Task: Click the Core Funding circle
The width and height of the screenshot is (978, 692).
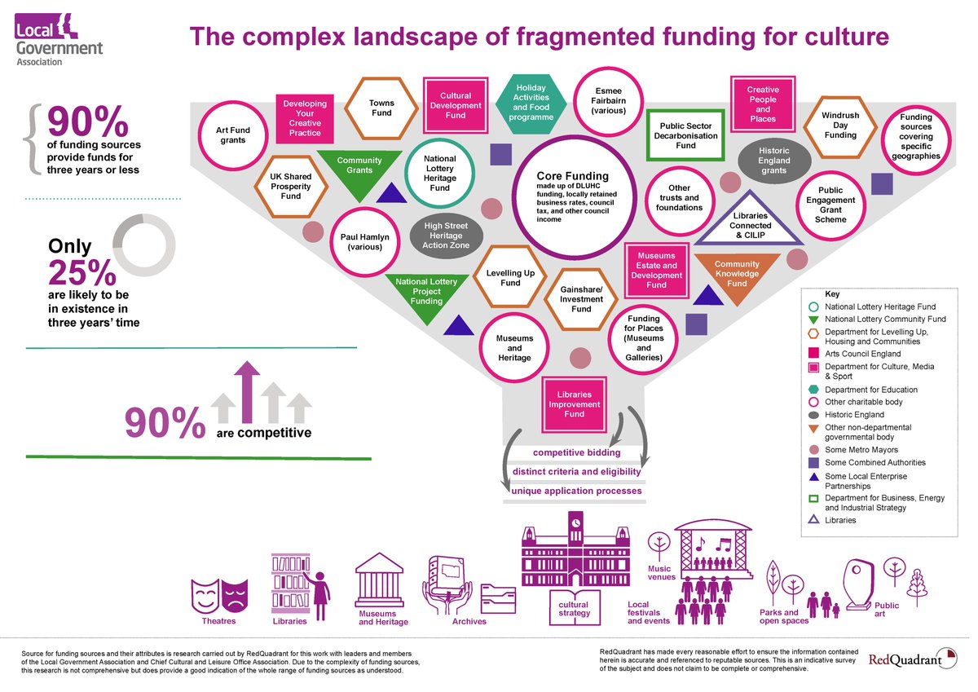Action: click(574, 197)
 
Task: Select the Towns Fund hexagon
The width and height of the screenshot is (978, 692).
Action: click(381, 108)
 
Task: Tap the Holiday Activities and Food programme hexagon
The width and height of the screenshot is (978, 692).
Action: click(531, 103)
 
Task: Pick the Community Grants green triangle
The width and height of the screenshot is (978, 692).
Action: click(359, 173)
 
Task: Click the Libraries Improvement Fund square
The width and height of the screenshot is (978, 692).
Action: click(574, 404)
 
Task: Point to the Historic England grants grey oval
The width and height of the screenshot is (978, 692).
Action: click(774, 161)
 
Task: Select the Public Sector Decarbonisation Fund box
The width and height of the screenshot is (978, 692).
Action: click(685, 135)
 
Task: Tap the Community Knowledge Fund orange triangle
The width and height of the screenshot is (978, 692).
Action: click(737, 276)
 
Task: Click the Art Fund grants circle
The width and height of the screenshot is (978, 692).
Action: click(233, 135)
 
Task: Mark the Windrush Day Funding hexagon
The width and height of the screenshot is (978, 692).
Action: click(840, 126)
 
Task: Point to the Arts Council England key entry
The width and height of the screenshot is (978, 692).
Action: click(854, 354)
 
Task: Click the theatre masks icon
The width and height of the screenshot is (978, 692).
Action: click(219, 596)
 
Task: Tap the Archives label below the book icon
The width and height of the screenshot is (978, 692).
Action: click(469, 621)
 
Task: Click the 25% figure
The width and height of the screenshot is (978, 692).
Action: click(82, 273)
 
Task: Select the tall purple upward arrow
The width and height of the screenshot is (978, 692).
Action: click(247, 391)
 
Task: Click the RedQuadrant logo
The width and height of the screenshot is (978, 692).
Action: click(913, 659)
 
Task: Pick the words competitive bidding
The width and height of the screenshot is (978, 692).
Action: click(576, 452)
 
